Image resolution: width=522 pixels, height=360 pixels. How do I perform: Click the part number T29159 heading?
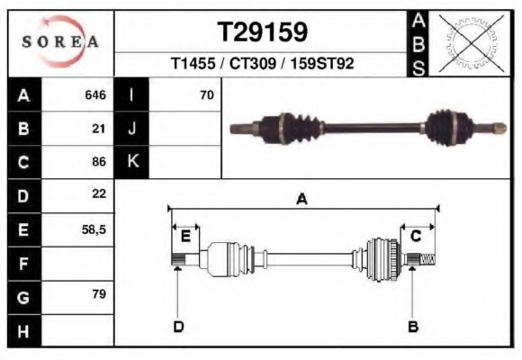pos(262,32)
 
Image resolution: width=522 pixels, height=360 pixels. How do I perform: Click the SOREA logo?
pos(60,41)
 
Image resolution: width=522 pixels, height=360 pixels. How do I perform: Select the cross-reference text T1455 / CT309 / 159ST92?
pos(262,65)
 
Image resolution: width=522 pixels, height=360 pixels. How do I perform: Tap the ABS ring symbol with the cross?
pos(466,43)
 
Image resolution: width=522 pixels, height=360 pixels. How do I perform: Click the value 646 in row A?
pos(94,94)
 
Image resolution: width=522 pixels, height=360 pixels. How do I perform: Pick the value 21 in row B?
pos(99,128)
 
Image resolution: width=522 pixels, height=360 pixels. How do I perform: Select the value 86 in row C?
pos(99,162)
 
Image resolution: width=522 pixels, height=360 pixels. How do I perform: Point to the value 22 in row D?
pos(99,194)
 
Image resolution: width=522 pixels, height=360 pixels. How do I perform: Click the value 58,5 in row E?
pos(94,229)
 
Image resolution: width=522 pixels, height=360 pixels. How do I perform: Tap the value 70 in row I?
pos(206,94)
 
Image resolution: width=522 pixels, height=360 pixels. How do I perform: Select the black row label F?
pos(22,263)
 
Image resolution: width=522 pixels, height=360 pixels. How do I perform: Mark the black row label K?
pos(132,161)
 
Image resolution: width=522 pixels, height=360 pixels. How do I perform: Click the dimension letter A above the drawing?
pos(301,200)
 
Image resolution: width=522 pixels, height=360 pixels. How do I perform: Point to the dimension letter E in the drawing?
pos(185,236)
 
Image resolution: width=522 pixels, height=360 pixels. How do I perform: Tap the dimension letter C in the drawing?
pos(416,236)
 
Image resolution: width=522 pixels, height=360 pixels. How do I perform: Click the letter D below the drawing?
pos(178,326)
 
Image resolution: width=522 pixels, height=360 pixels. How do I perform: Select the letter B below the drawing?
pos(413,326)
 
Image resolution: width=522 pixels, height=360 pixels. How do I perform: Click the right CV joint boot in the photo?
pos(445,127)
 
